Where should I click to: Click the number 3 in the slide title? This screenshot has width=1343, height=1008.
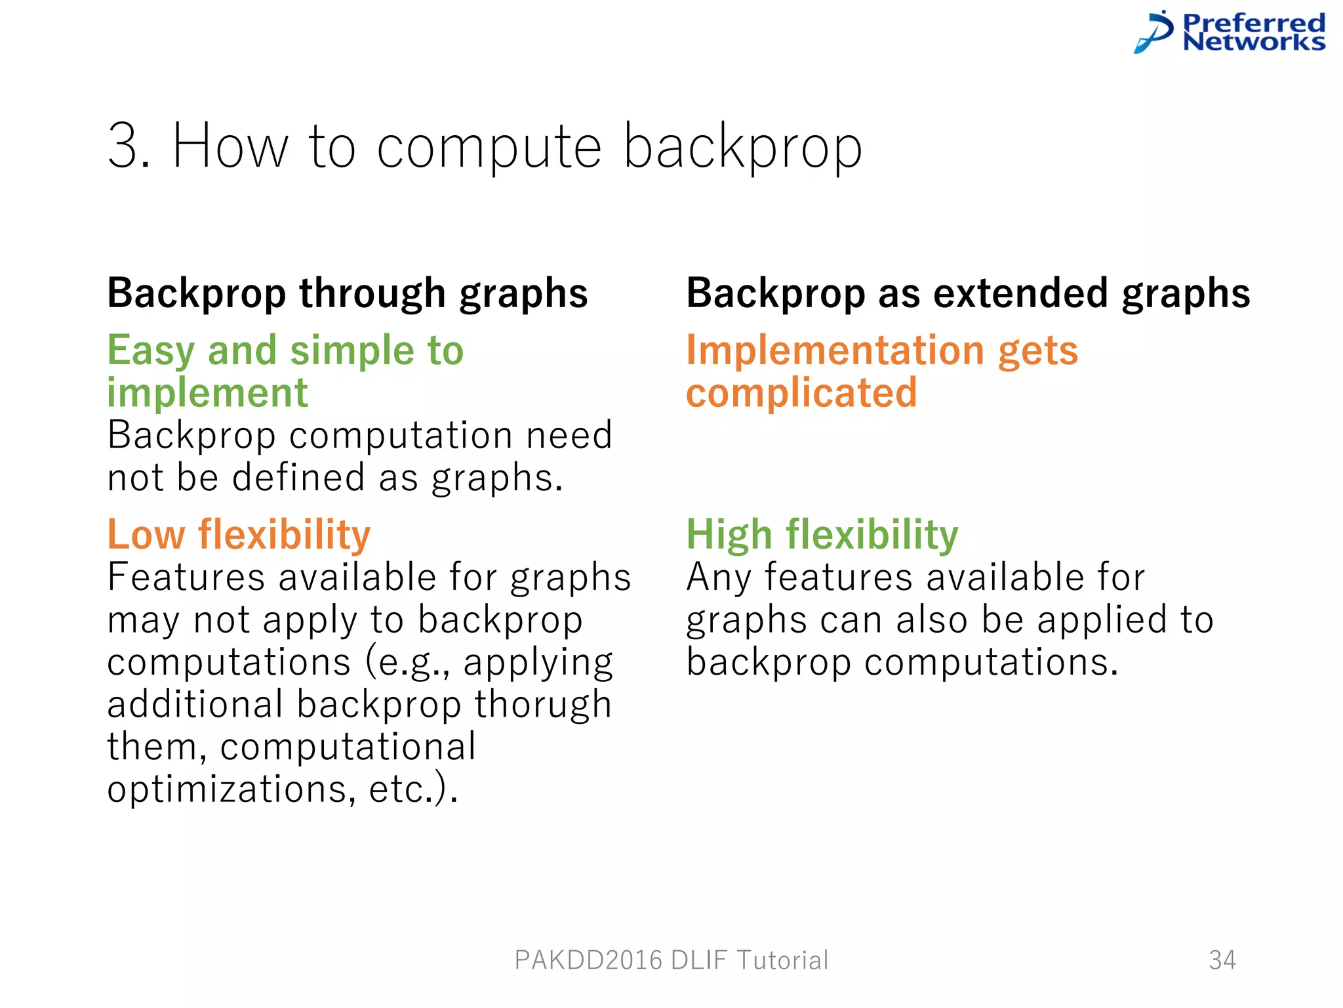[127, 146]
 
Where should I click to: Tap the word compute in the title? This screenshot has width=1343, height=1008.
[489, 148]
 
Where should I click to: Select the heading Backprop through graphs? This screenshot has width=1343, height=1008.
[348, 293]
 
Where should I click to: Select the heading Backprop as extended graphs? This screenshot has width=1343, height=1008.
[968, 293]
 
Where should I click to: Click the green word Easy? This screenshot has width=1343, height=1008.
[151, 351]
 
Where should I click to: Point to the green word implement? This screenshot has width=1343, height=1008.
[207, 393]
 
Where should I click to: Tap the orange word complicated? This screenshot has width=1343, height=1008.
[801, 393]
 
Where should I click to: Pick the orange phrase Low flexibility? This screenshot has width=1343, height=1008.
[239, 534]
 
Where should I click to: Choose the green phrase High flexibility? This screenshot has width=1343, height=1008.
[822, 534]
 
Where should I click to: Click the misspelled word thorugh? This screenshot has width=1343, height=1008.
[543, 704]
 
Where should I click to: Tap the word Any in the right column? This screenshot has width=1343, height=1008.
[719, 578]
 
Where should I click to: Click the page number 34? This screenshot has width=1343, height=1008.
[1222, 960]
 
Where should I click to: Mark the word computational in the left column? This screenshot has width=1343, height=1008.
[348, 747]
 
